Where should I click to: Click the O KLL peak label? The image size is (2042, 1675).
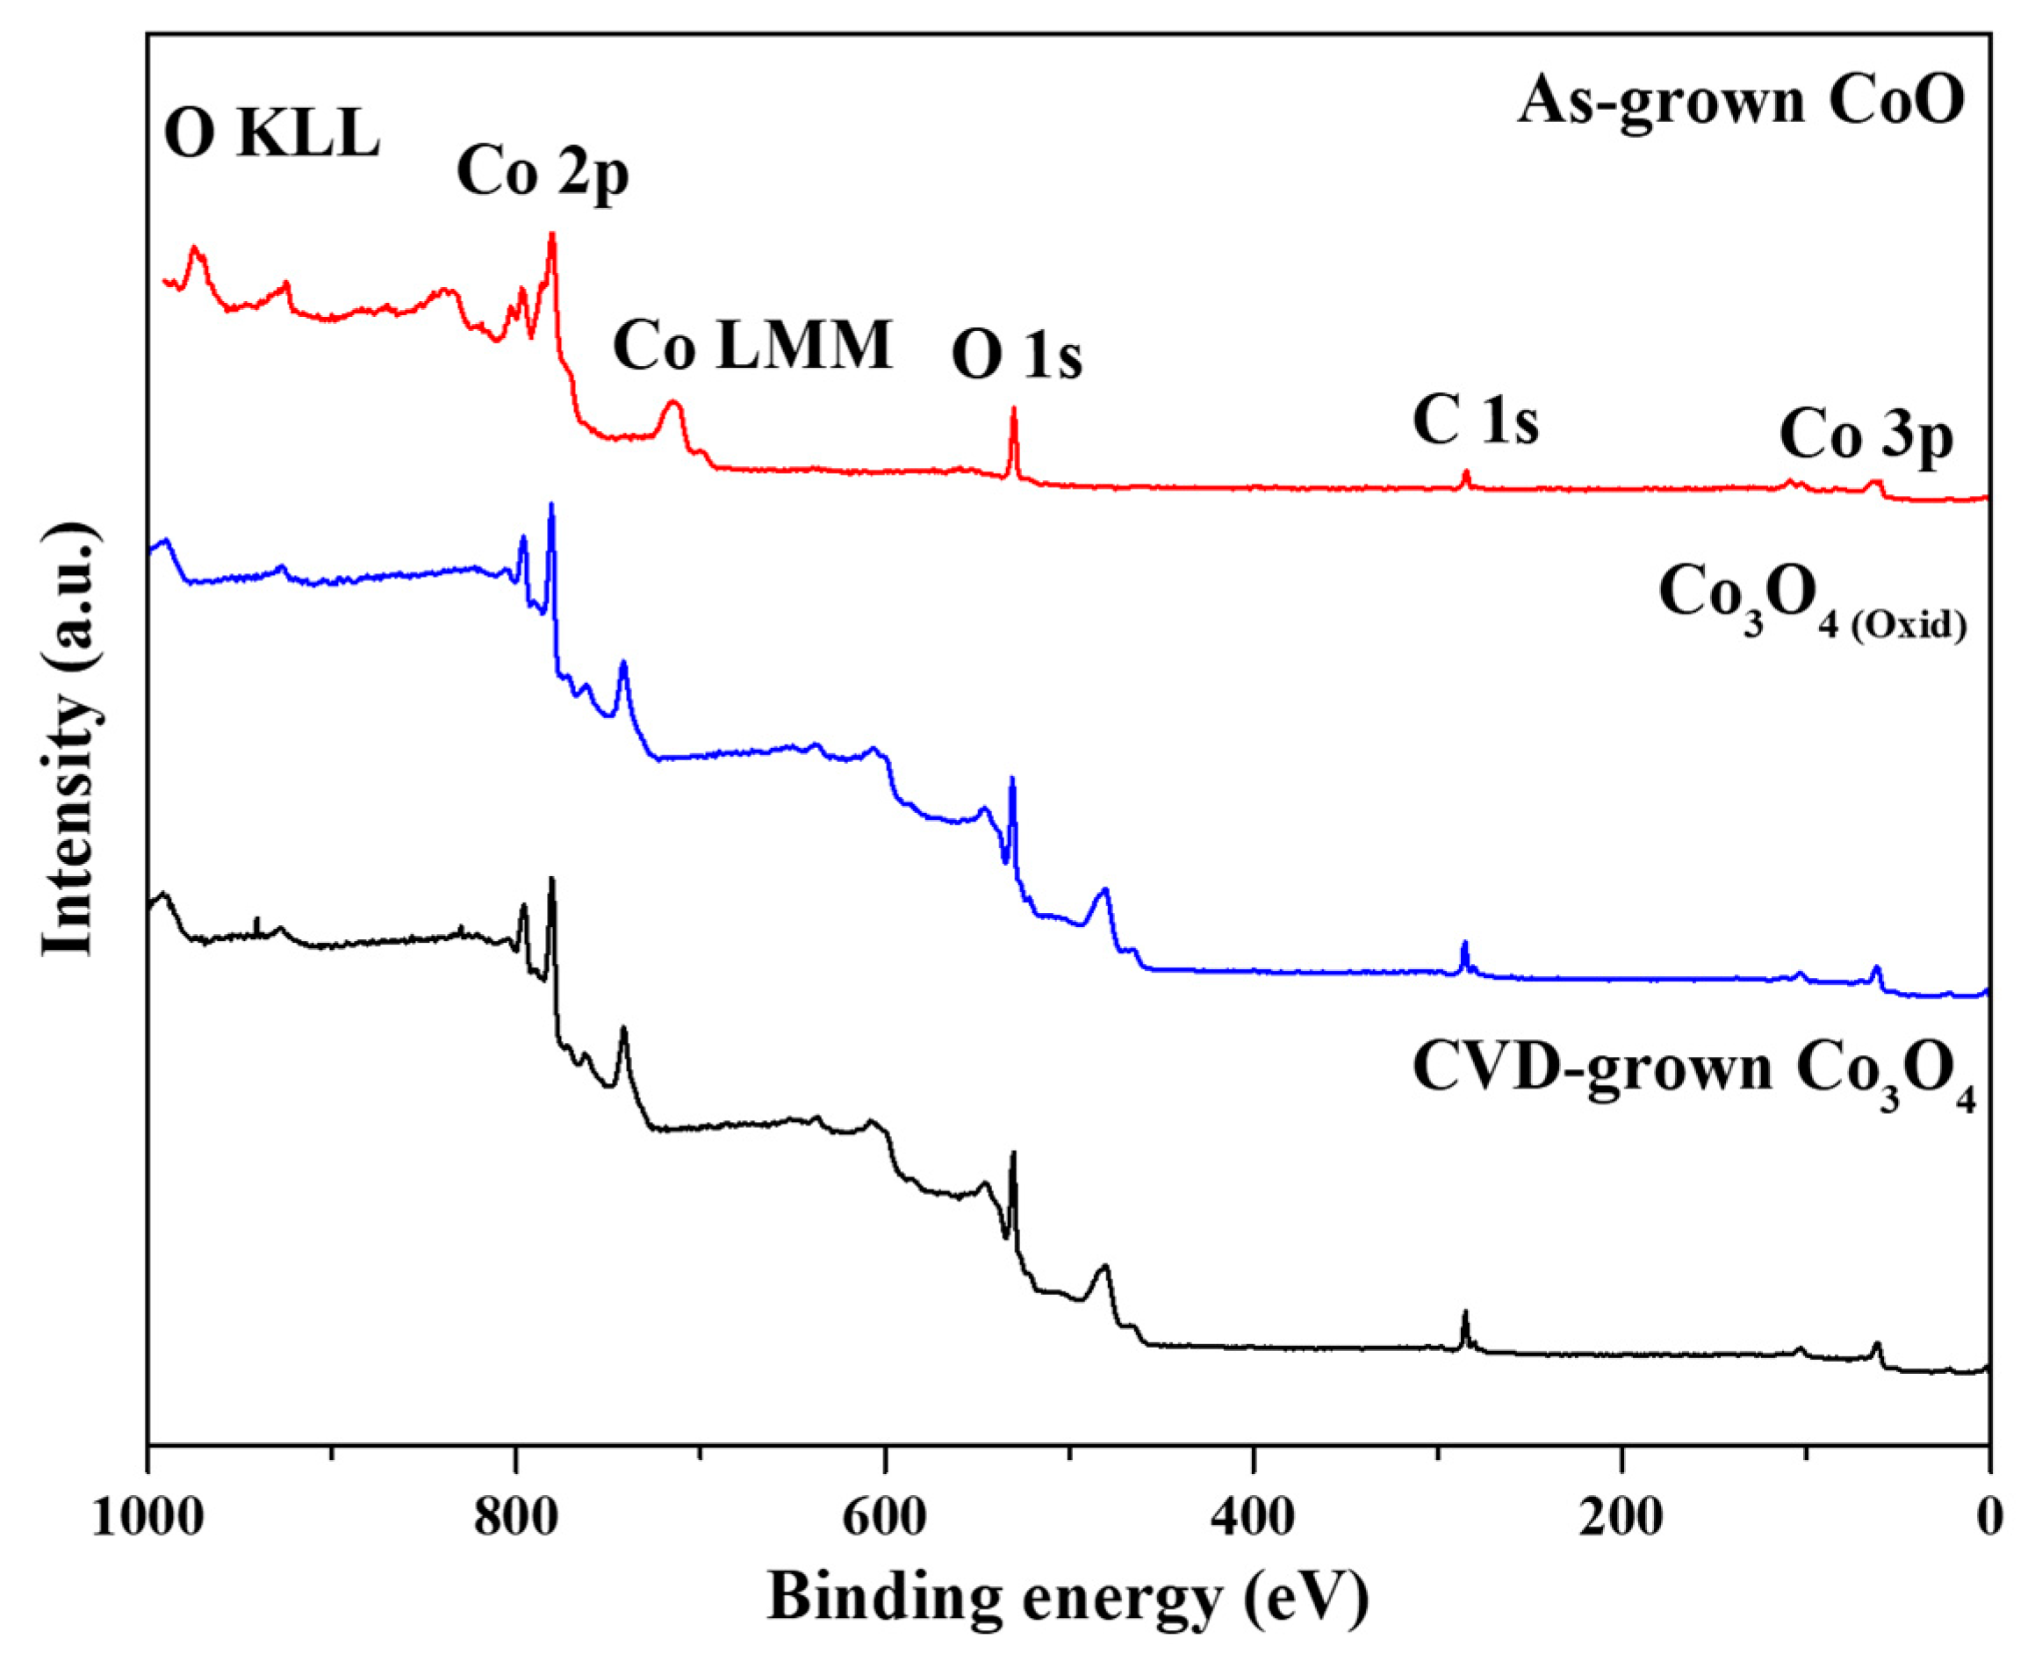point(272,135)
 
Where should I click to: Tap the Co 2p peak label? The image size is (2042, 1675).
point(543,174)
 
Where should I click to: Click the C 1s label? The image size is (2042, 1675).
point(1476,421)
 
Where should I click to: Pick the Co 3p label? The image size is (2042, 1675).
point(1866,437)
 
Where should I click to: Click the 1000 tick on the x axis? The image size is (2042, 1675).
point(147,1519)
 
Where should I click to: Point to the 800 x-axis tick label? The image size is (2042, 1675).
point(516,1519)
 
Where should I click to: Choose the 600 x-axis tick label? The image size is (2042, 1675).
point(885,1519)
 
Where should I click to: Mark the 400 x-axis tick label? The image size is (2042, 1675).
point(1254,1519)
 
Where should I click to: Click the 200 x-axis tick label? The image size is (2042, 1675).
point(1621,1519)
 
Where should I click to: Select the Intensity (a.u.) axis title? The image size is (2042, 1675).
point(69,740)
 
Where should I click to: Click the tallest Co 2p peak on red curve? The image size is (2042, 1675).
point(552,234)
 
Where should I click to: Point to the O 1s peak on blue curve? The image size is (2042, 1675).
point(1012,779)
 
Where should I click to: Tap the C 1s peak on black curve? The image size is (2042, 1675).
point(1465,1314)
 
